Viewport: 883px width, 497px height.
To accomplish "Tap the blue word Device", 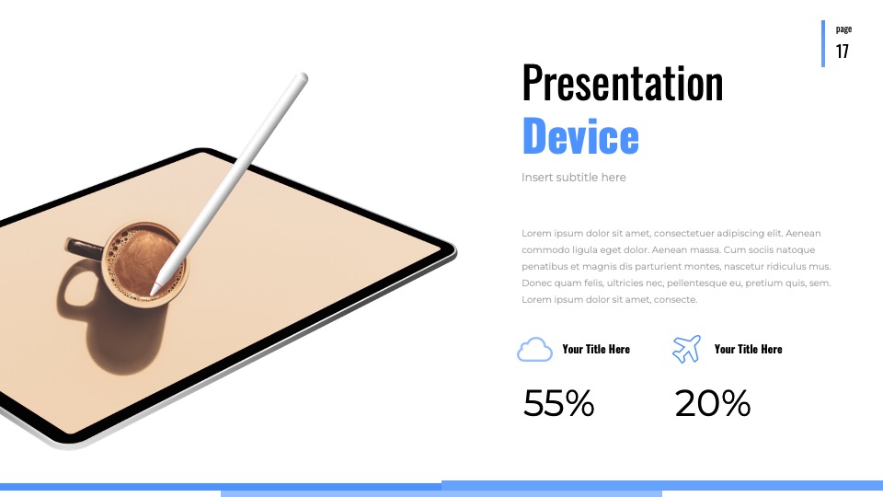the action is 580,135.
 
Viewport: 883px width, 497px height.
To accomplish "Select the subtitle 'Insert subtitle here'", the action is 573,178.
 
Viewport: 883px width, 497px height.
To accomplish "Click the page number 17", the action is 843,52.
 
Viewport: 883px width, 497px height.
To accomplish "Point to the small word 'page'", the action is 843,29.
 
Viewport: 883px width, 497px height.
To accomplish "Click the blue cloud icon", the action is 534,350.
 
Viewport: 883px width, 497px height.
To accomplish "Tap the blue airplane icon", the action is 686,350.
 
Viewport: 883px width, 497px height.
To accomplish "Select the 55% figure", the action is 558,403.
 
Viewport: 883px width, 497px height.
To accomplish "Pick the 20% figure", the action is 712,403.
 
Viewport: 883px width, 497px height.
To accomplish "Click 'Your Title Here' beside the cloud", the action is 596,350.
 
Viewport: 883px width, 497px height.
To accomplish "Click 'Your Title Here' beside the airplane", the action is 748,350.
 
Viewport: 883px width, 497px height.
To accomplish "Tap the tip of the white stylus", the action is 152,294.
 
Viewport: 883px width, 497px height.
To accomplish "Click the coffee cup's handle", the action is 85,248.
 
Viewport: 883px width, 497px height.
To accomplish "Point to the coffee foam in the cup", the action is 144,262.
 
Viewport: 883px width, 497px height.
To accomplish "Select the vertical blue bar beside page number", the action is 822,44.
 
